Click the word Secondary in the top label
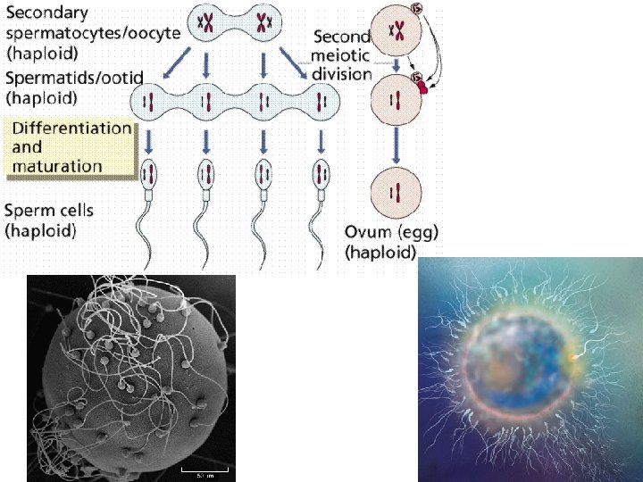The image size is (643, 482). coord(47,13)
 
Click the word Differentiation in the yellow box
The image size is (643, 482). coord(71,128)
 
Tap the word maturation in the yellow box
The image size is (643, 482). coord(57,165)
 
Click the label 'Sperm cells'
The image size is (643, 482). coord(49,212)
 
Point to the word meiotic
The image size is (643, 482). coord(342,55)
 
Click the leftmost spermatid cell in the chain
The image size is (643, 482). coord(151,98)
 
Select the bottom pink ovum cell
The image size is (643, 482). coord(395,192)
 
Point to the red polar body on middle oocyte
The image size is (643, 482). coord(422,87)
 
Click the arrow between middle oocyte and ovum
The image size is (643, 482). coord(395,143)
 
